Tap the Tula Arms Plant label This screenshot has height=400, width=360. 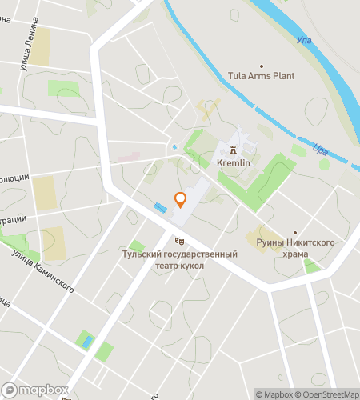(261, 76)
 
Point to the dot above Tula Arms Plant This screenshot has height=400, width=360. (261, 65)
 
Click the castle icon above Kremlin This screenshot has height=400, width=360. (234, 150)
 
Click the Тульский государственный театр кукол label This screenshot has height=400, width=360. (180, 259)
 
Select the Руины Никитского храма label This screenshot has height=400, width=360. (294, 247)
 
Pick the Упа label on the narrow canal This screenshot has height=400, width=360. (321, 150)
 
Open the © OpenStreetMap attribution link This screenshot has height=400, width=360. (327, 394)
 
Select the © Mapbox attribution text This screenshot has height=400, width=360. (274, 394)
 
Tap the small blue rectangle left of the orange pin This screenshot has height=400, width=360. (161, 208)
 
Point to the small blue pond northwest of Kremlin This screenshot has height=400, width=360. (174, 147)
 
